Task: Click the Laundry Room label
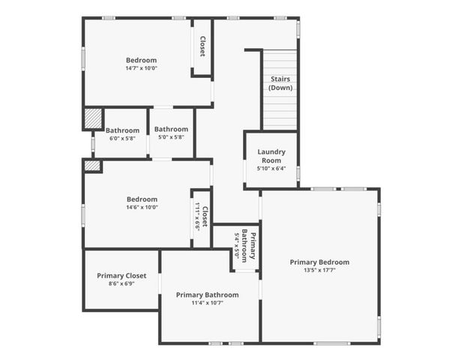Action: [271, 156]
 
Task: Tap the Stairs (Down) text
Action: [280, 83]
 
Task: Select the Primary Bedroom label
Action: [319, 262]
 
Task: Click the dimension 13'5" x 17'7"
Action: [319, 270]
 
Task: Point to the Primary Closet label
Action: [121, 275]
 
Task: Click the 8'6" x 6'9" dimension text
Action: [121, 283]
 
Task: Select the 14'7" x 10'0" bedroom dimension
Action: [141, 68]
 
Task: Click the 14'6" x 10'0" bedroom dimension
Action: [141, 207]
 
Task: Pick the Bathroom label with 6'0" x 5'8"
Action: [122, 130]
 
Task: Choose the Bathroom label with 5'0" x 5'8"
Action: [172, 129]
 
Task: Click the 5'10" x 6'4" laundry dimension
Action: [271, 168]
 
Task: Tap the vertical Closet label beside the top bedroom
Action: [202, 46]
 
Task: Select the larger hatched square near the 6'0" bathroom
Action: [92, 118]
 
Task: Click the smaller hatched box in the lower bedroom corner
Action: [91, 166]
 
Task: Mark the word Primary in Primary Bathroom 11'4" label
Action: [191, 295]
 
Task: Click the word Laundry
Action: [271, 151]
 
